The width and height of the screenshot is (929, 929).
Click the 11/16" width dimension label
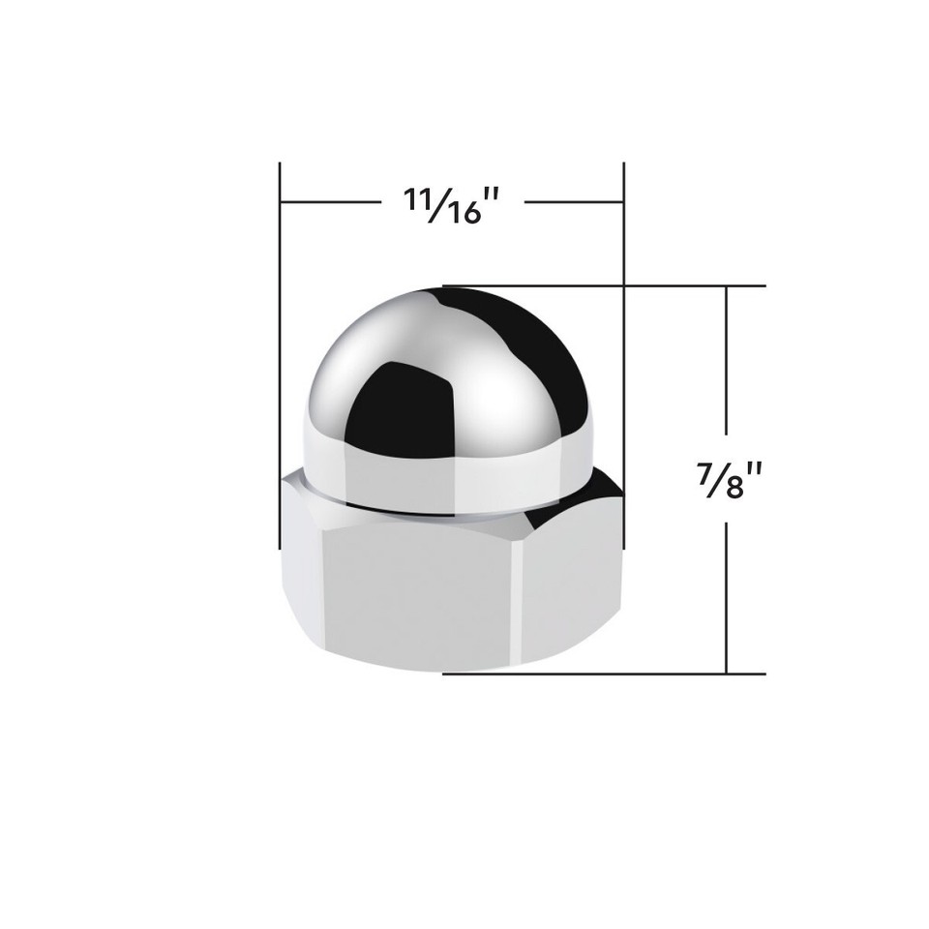pos(452,204)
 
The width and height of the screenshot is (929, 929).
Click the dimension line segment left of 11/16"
pos(329,202)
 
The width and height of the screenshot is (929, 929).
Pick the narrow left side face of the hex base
pos(300,571)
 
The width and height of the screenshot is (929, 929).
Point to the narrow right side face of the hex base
pos(571,581)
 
